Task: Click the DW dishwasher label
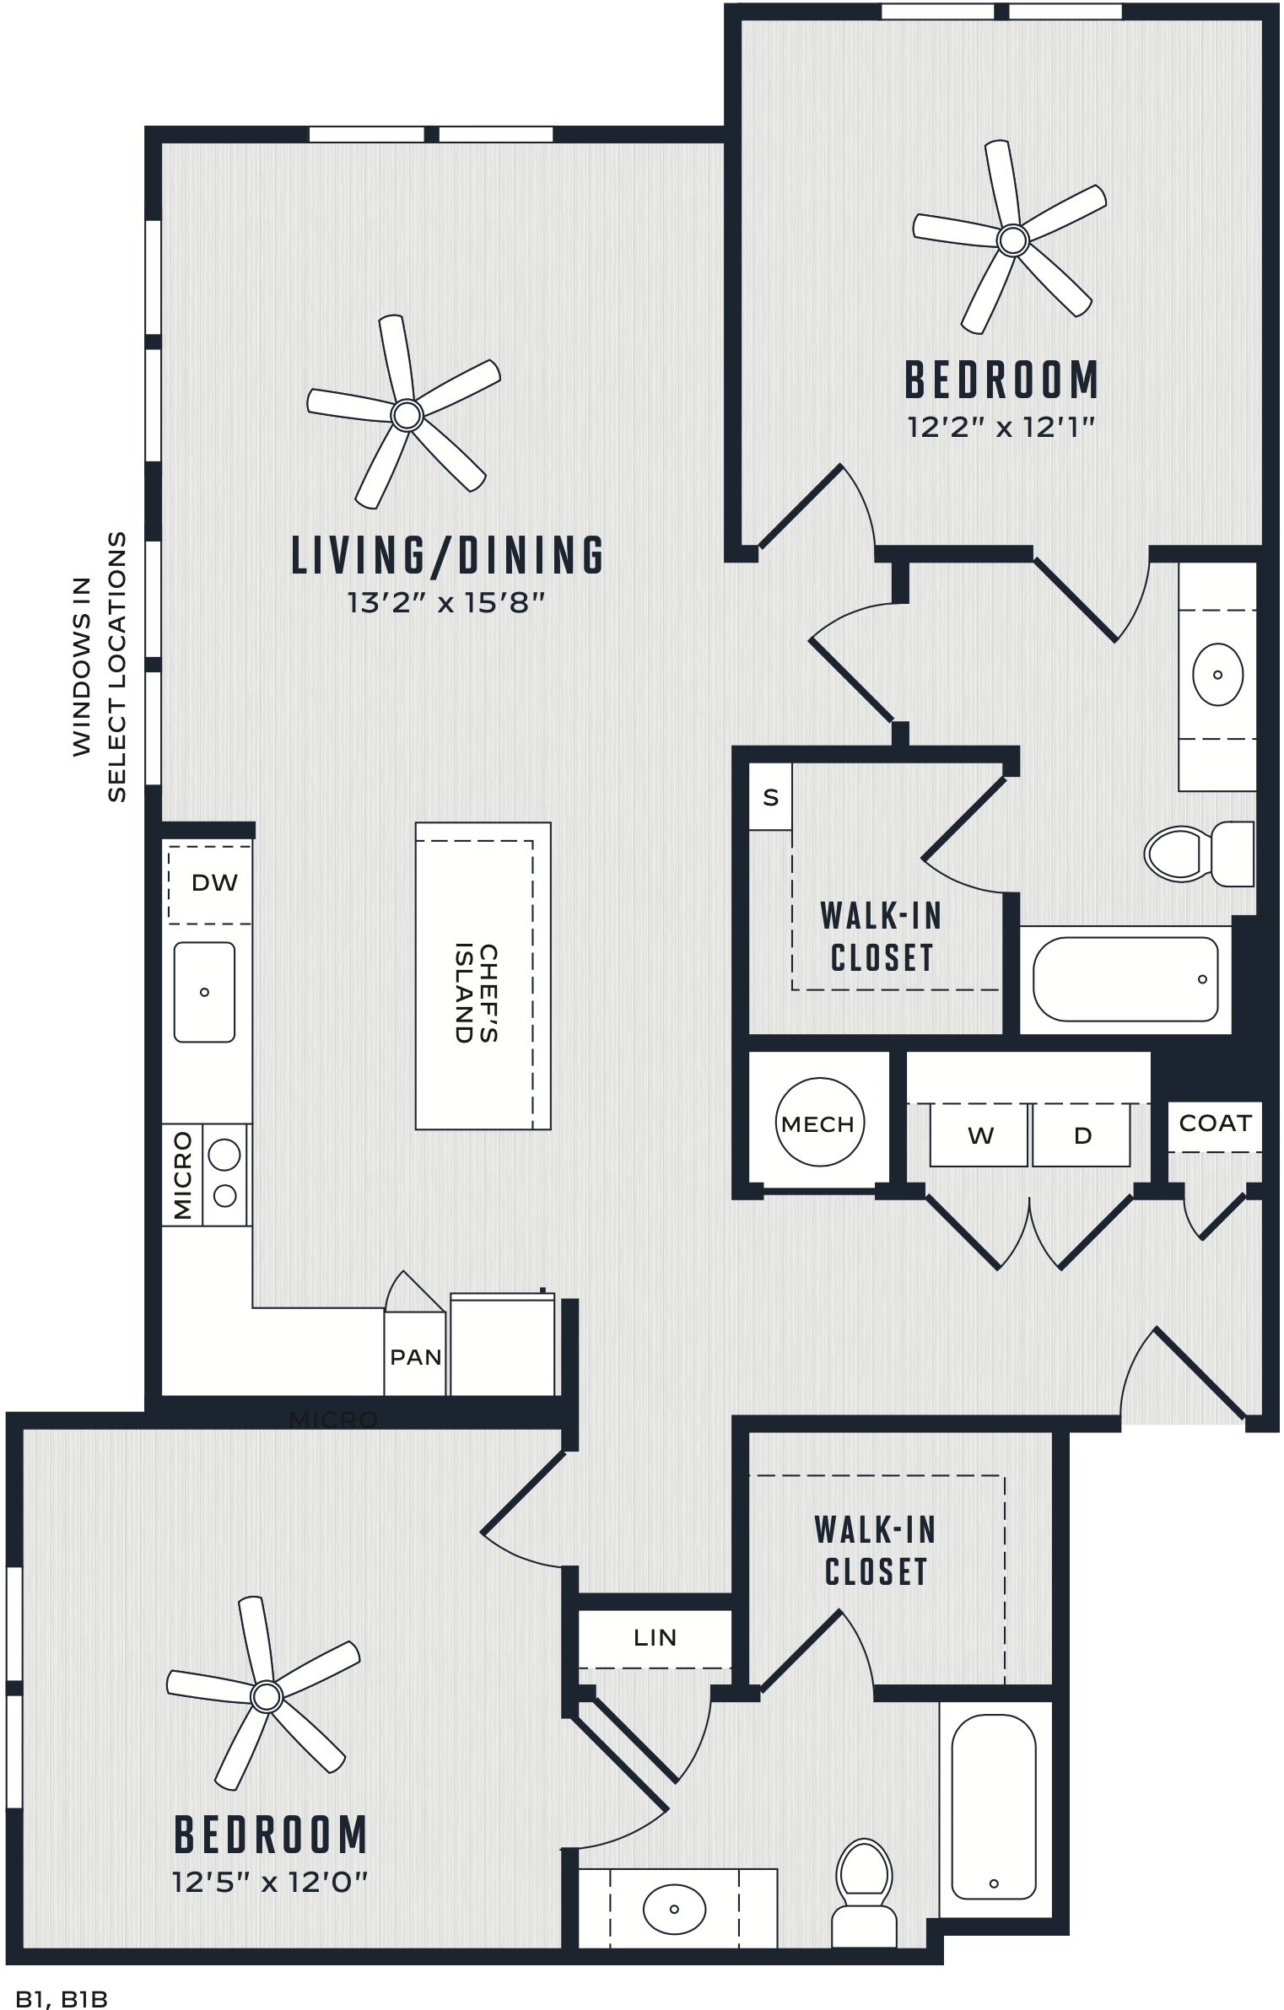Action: [214, 882]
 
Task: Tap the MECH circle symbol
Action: [819, 1122]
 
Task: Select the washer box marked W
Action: [979, 1134]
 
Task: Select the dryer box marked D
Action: [1082, 1134]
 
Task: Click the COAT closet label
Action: [1215, 1123]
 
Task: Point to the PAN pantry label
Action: [416, 1357]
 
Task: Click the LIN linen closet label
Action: [655, 1637]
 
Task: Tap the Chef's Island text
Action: [477, 993]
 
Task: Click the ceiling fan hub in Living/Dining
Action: [407, 415]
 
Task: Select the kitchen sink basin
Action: [204, 992]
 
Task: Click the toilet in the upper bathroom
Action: [1199, 854]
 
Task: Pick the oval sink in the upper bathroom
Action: [1217, 674]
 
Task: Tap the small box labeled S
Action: [770, 797]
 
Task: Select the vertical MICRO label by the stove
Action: [182, 1175]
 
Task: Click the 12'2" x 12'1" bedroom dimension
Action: [1001, 427]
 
